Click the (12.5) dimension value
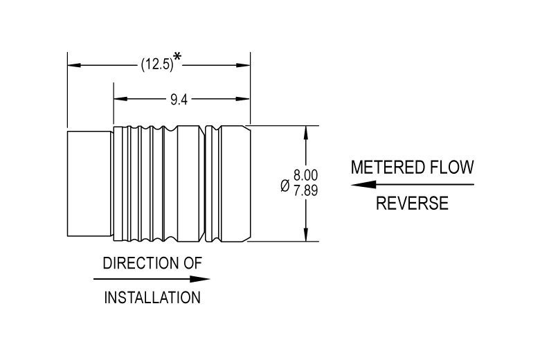pyautogui.click(x=157, y=64)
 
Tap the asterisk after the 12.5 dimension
pyautogui.click(x=177, y=57)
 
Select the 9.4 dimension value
pyautogui.click(x=179, y=100)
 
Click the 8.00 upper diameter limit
pyautogui.click(x=305, y=175)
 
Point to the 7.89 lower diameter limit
pyautogui.click(x=305, y=190)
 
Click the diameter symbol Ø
pyautogui.click(x=285, y=186)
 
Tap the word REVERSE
pyautogui.click(x=412, y=203)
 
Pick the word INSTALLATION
pyautogui.click(x=152, y=298)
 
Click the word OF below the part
pyautogui.click(x=192, y=263)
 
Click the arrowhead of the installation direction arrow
pyautogui.click(x=200, y=279)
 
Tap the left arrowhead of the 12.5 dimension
pyautogui.click(x=74, y=65)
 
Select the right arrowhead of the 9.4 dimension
pyautogui.click(x=243, y=99)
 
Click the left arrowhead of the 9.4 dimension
pyautogui.click(x=120, y=99)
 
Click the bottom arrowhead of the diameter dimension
pyautogui.click(x=306, y=235)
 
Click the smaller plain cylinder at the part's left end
pyautogui.click(x=89, y=183)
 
